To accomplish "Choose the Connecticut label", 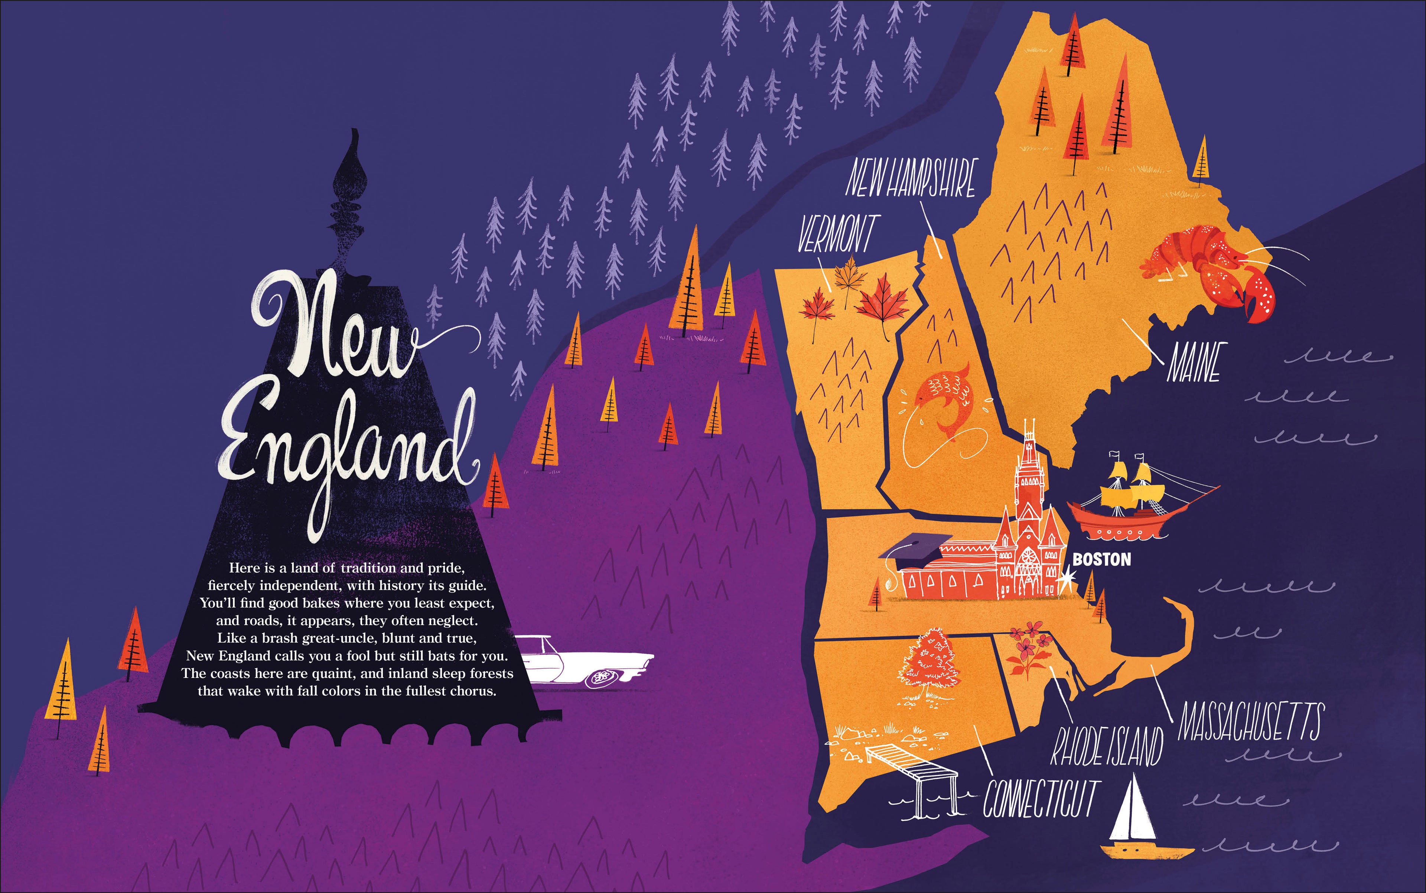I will click(1039, 798).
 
